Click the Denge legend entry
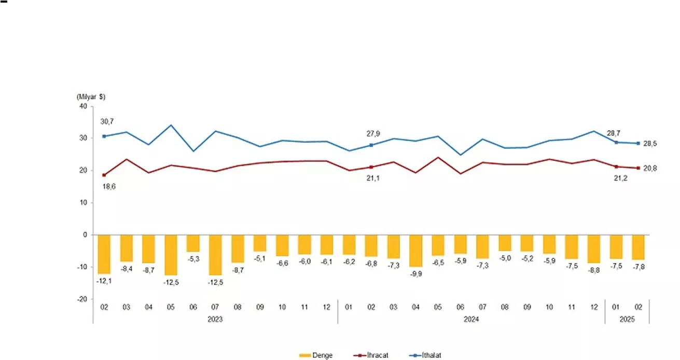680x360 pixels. coord(316,355)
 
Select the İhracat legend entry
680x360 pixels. coord(371,355)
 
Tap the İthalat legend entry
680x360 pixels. coord(425,355)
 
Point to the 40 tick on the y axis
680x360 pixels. coord(83,106)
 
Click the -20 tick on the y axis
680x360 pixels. coord(82,299)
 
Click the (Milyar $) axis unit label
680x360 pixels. coord(91,97)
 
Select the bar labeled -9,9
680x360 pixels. coord(415,251)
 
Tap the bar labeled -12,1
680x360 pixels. coord(104,254)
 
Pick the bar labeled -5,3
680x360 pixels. coord(193,243)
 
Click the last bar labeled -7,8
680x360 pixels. coord(638,247)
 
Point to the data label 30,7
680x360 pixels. coord(107,122)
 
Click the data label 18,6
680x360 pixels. coord(109,187)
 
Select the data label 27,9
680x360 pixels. coord(373,133)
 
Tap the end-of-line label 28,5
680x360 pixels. coord(650,144)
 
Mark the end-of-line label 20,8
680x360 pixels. coord(650,168)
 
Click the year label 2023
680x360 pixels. coord(215,320)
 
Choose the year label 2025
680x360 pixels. coord(627,320)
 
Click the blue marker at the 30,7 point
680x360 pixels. coord(104,136)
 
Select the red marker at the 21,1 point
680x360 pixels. coord(371,167)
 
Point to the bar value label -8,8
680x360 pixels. coord(594,270)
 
